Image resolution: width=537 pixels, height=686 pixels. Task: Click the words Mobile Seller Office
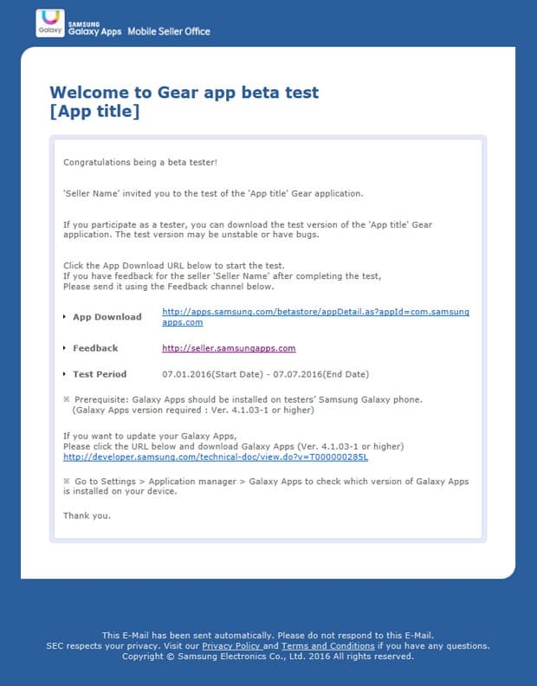[x=169, y=31]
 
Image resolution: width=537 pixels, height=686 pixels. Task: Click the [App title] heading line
[x=94, y=111]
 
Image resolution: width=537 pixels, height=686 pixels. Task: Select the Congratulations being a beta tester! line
[x=128, y=162]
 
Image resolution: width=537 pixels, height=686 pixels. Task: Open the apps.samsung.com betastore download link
[x=315, y=312]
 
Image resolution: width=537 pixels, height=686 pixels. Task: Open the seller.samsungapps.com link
[x=229, y=348]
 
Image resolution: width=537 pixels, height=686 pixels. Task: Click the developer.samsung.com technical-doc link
[x=216, y=456]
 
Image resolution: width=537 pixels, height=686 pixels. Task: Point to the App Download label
[x=107, y=317]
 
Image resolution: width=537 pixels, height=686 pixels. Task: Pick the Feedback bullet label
[x=95, y=348]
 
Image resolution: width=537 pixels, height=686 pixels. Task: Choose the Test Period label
[x=100, y=374]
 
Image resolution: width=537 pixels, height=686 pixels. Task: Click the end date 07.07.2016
[x=293, y=374]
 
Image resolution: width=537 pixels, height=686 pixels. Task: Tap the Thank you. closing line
[x=87, y=515]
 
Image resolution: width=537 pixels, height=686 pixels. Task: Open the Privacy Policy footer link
[x=231, y=646]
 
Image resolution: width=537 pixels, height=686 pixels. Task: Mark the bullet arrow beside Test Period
[x=65, y=374]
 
